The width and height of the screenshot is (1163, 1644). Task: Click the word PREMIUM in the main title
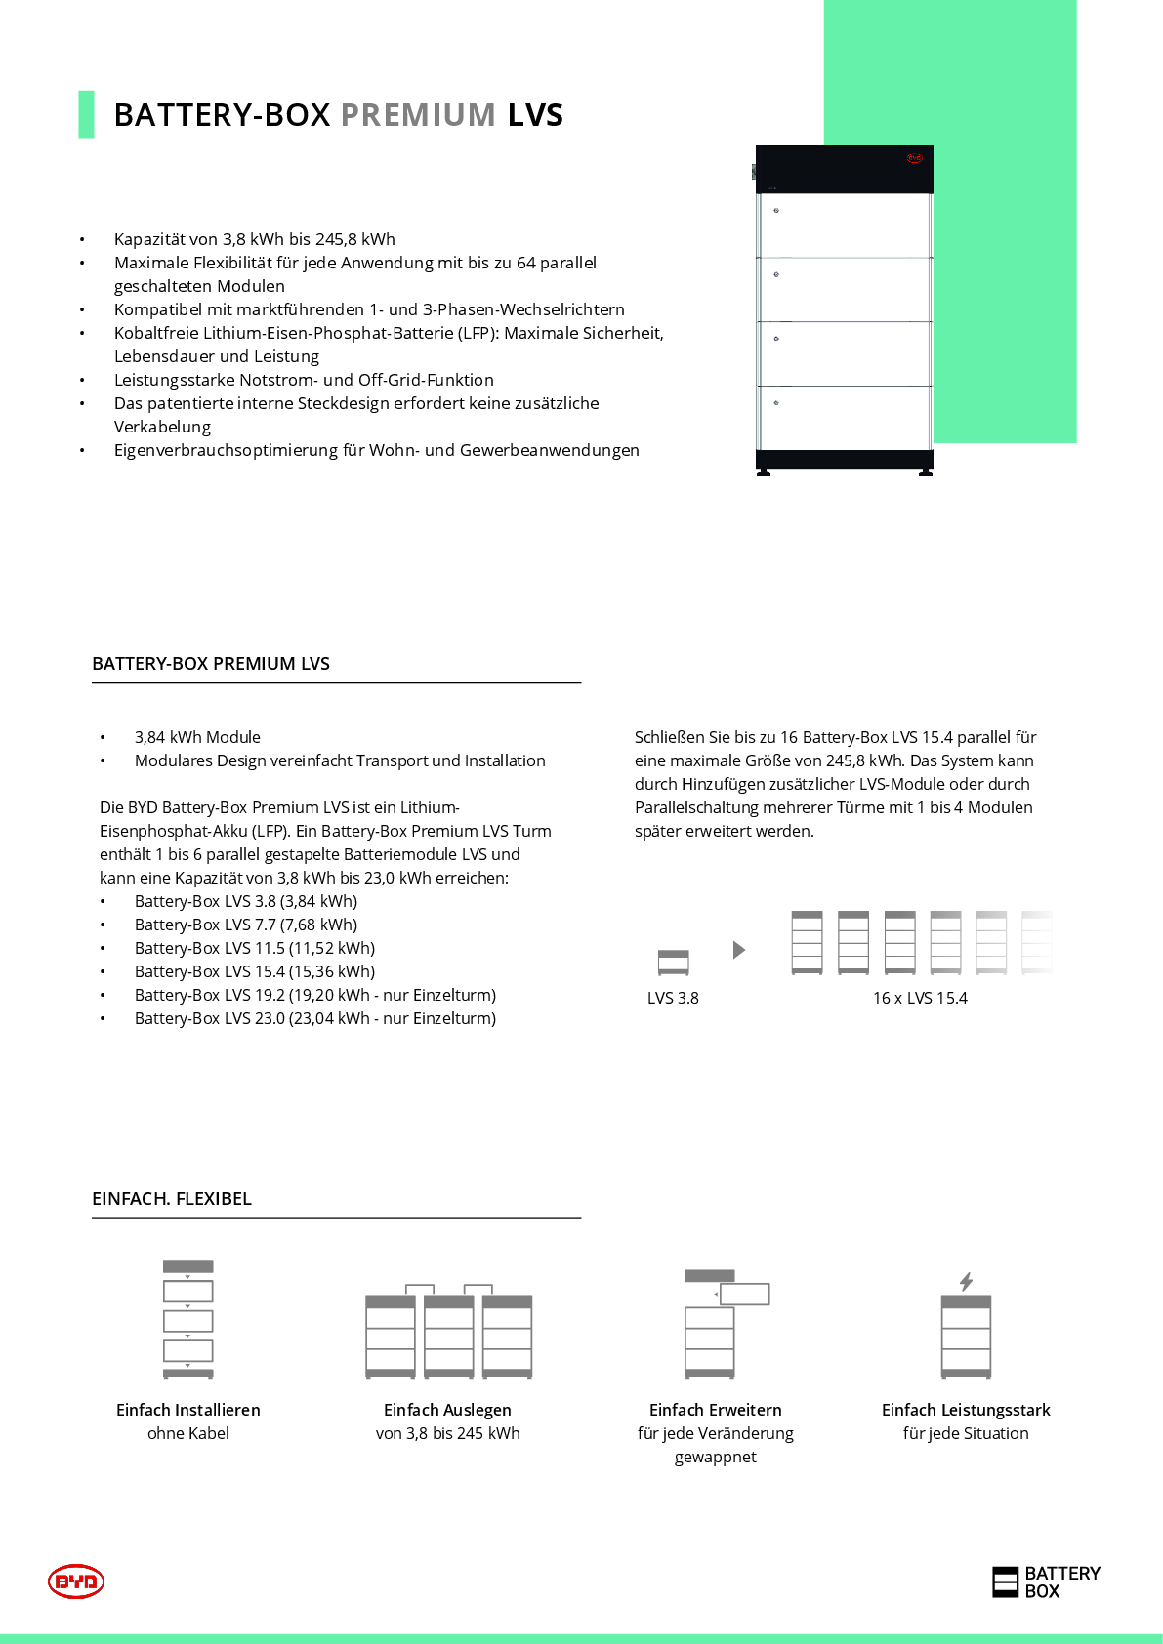[418, 115]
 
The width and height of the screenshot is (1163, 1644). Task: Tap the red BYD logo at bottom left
[76, 1581]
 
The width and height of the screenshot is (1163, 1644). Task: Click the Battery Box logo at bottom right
[1046, 1582]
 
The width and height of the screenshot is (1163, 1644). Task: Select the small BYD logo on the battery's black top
[915, 158]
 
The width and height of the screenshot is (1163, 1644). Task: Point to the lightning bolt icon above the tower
[966, 1281]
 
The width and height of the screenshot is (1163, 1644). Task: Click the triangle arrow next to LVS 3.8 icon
[739, 950]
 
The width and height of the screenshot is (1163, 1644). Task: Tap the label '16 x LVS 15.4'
[920, 998]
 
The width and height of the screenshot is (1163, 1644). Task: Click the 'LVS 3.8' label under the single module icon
[673, 998]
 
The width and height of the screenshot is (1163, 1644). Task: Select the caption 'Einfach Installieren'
[188, 1410]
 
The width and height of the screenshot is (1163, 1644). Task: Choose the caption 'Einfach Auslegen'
[447, 1410]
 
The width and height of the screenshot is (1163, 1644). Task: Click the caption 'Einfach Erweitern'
[716, 1410]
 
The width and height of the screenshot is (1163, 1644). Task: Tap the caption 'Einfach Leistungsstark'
[966, 1410]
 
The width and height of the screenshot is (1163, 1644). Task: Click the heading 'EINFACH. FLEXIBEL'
[172, 1198]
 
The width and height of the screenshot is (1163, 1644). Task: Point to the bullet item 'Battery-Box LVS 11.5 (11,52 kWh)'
[255, 948]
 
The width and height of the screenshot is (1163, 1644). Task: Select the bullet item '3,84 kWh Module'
[197, 737]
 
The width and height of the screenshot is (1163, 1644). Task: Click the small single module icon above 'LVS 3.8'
[674, 963]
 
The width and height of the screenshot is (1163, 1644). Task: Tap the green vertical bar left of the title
[86, 114]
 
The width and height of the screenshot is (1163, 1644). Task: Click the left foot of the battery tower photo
[764, 473]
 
